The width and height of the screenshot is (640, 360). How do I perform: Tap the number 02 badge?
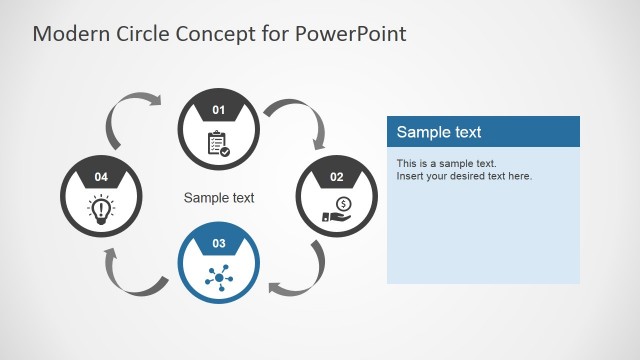(337, 177)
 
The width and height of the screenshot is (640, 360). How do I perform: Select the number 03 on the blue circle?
(219, 243)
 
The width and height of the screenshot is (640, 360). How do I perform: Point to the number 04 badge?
(101, 177)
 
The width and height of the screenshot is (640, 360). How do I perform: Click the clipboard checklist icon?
(218, 143)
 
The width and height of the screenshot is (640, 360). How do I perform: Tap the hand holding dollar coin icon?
(337, 209)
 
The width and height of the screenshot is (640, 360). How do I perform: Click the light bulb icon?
(101, 208)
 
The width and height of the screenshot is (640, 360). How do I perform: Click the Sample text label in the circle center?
(219, 198)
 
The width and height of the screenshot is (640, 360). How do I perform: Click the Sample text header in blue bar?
(439, 132)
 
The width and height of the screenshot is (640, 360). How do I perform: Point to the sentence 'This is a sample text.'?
(446, 163)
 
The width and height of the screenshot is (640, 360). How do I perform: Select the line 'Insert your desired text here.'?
(464, 176)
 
